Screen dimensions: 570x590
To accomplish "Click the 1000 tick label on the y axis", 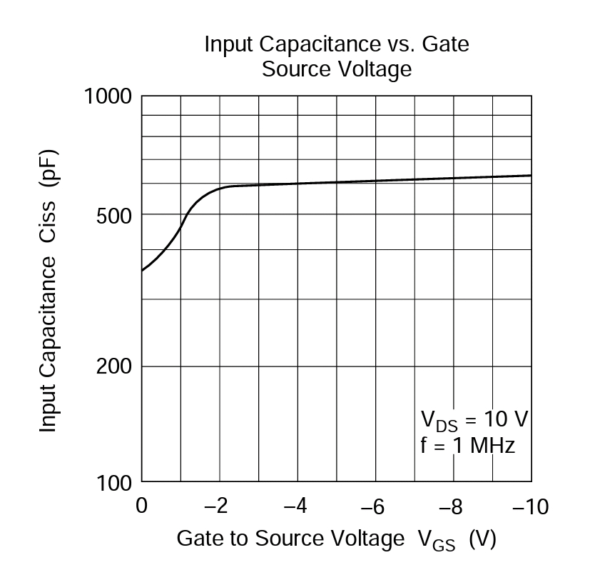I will [108, 96].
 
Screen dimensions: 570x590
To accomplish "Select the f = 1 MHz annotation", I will [467, 445].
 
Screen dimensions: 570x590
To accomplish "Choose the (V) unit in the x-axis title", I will [482, 539].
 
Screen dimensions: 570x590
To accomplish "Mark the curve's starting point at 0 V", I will [142, 271].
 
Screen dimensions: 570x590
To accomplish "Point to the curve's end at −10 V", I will [531, 175].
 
